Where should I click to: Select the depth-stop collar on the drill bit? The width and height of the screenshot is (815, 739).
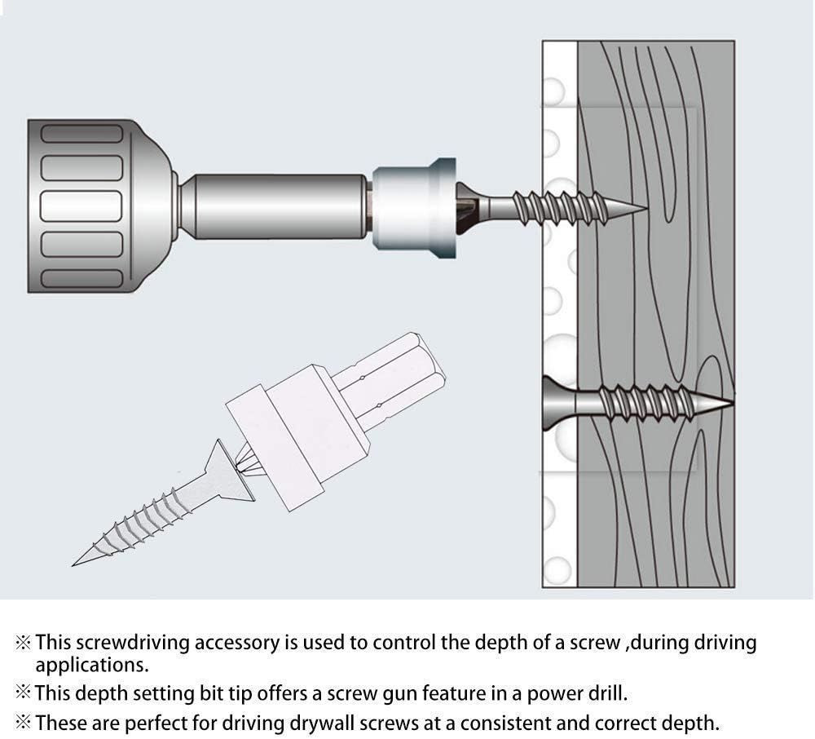414,208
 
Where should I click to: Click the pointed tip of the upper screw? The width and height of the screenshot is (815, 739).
647,209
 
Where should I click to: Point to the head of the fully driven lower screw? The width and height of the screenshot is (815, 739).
560,403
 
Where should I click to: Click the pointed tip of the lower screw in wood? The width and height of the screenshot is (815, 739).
733,401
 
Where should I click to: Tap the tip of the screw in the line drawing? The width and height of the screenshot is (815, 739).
73,565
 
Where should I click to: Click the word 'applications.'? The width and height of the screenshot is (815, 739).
91,665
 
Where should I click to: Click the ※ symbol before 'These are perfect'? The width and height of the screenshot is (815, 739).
24,723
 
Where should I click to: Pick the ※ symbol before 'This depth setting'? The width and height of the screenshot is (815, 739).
24,693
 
